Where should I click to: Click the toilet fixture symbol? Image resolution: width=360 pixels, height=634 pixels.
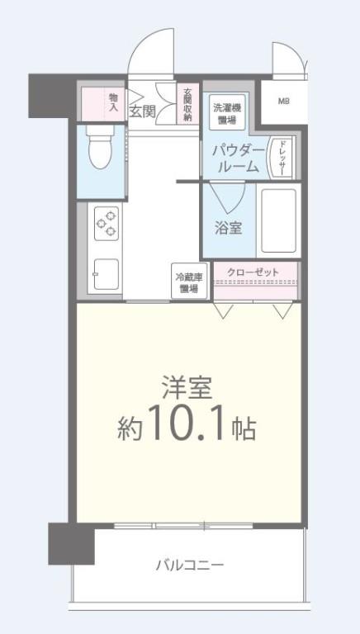101,148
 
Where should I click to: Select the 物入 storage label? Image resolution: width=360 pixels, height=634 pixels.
113,102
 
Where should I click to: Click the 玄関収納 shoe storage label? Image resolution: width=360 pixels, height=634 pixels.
188,105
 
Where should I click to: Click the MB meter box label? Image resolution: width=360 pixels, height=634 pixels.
283,102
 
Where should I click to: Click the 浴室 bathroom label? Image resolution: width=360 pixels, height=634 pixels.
229,227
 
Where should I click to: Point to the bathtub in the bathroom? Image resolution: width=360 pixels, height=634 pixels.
277,220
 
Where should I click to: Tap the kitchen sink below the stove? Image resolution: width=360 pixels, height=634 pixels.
107,273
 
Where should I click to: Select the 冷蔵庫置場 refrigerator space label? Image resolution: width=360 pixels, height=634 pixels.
187,283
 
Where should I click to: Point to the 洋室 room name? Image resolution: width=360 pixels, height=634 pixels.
186,386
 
